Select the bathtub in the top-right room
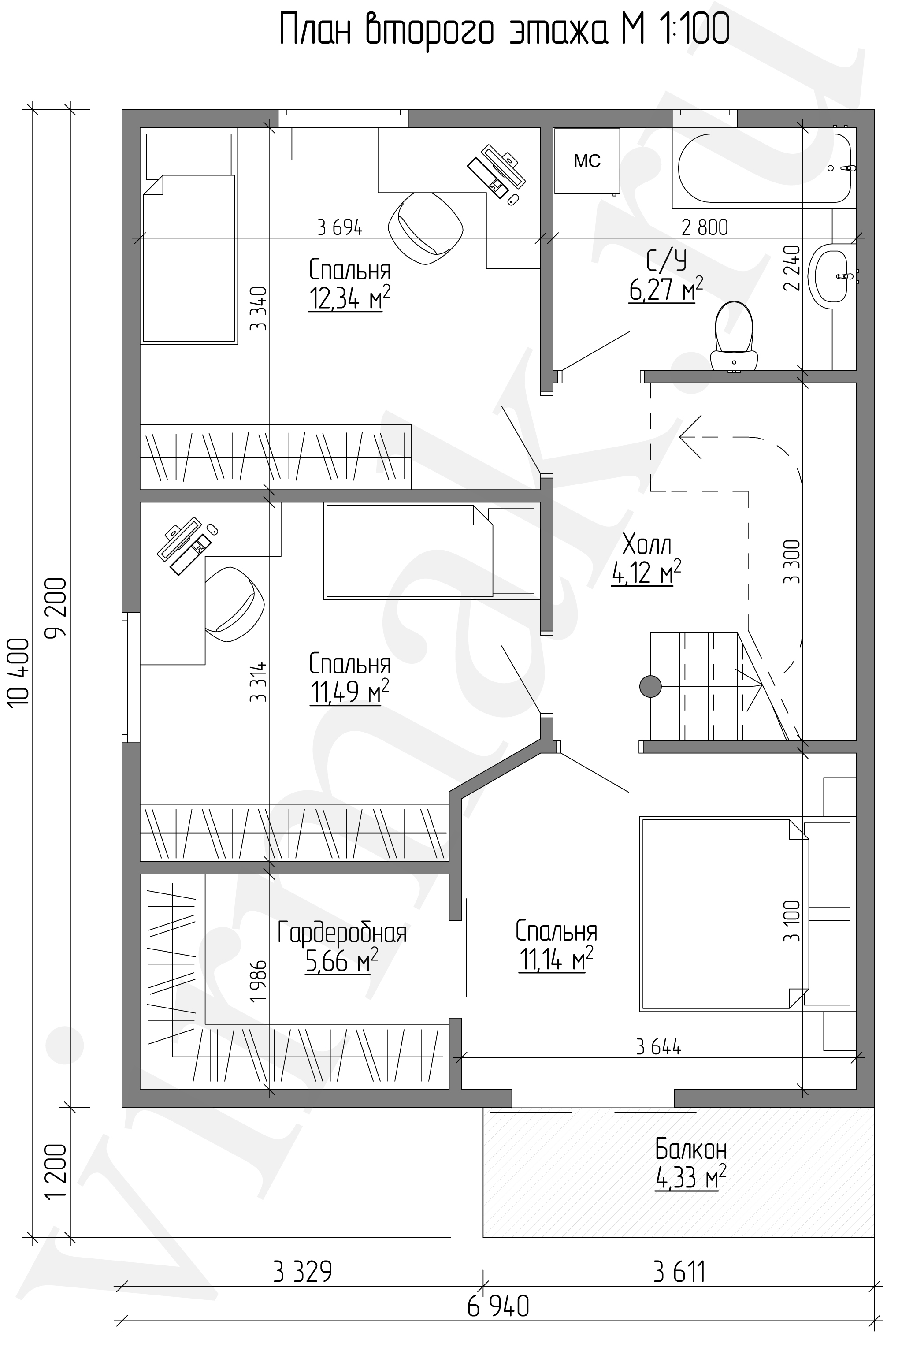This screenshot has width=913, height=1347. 764,168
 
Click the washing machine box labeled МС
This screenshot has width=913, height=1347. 587,161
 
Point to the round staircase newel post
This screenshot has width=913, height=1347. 650,686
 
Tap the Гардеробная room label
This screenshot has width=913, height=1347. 342,933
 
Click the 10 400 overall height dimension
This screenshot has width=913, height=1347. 19,672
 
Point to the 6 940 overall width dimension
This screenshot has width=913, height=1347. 498,1291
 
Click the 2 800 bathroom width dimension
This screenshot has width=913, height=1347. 705,227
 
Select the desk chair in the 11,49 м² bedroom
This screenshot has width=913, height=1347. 234,604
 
